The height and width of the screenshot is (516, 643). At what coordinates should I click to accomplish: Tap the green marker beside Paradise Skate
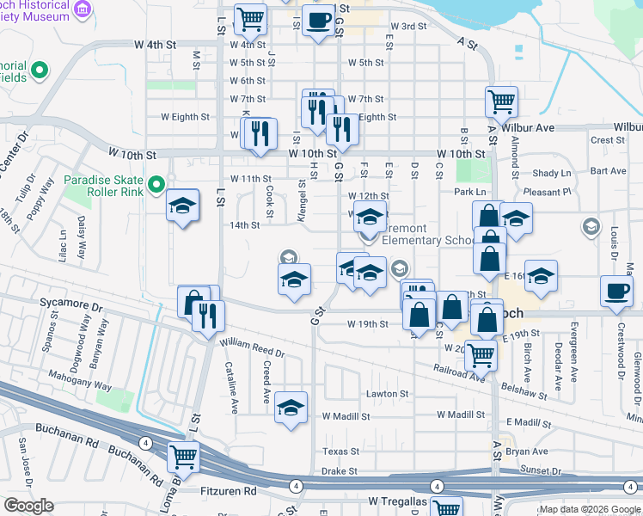point(156,184)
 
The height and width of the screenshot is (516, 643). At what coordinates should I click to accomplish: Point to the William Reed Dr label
point(252,347)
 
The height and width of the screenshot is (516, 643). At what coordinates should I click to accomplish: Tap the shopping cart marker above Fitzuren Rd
point(183,456)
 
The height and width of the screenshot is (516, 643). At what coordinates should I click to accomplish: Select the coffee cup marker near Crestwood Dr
point(617,292)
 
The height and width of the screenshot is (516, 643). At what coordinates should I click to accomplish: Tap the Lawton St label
point(388,394)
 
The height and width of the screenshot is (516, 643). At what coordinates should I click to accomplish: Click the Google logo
point(28,506)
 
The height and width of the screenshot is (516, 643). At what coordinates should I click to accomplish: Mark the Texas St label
point(340,451)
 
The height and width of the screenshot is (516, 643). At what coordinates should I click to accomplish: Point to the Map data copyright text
point(590,509)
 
